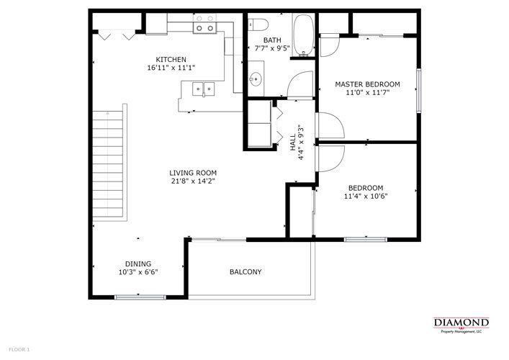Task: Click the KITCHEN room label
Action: coord(171,59)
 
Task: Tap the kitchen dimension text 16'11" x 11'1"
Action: coord(171,68)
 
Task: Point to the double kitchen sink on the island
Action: coord(203,89)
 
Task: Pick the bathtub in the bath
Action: coord(303,35)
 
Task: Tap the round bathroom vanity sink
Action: coord(255,78)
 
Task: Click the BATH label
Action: coord(272,40)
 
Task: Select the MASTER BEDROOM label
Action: coord(367,84)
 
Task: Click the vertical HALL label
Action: coord(293,136)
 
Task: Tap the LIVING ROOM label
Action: coord(193,173)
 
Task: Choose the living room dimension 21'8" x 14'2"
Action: coord(193,181)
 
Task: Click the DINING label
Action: coord(138,264)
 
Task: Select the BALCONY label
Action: coord(245,272)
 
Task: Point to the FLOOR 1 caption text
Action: coord(15,349)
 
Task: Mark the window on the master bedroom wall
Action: coord(418,90)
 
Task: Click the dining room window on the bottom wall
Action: coord(135,297)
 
